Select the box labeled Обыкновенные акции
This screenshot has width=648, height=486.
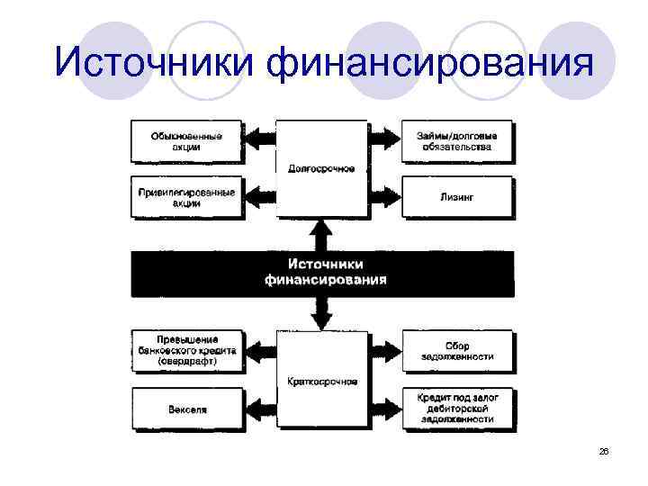tap(186, 140)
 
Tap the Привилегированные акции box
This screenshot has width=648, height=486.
tap(186, 197)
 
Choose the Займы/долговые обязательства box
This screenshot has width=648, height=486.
tap(456, 140)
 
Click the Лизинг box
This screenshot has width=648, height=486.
tap(456, 195)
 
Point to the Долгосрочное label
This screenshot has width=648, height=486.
tap(321, 168)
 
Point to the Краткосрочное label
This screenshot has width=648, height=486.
tap(321, 382)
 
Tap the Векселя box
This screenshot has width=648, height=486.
tap(186, 409)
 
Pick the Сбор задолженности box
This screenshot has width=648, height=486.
tap(456, 352)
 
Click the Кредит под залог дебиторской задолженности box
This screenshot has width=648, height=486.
tap(456, 408)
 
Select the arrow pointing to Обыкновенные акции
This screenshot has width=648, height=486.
tap(260, 139)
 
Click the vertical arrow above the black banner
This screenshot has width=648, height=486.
tap(321, 235)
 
